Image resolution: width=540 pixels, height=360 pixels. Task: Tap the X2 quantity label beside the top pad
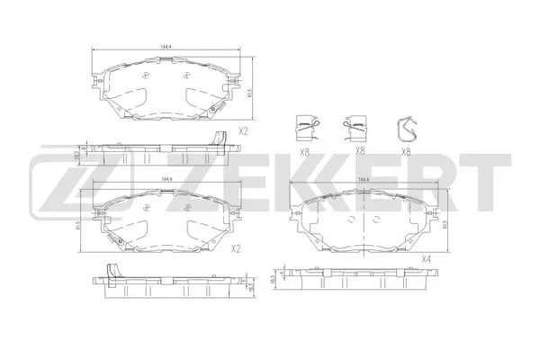click(x=242, y=131)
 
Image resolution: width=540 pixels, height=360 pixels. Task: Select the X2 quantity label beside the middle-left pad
click(x=237, y=248)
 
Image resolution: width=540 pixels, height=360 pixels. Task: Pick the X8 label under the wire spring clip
click(x=405, y=152)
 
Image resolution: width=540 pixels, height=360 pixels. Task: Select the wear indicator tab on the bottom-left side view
click(x=113, y=271)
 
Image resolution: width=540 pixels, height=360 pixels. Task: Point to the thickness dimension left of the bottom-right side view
click(x=273, y=282)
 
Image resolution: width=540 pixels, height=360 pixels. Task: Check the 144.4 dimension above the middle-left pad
click(x=166, y=180)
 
